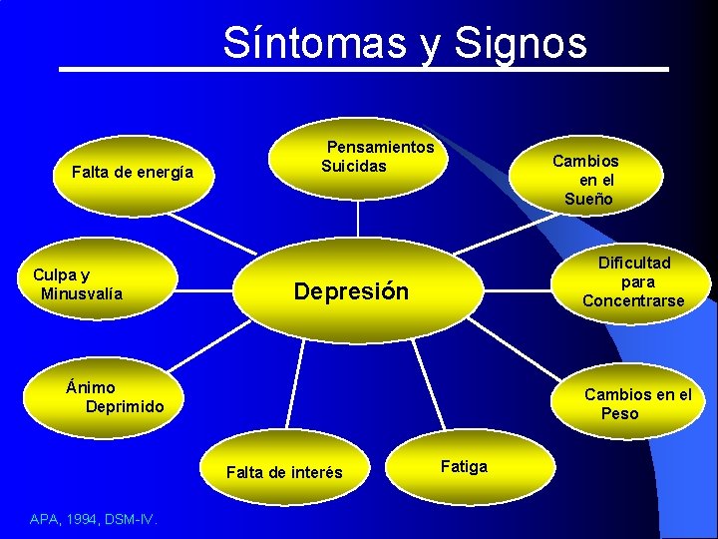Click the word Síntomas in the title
(x=316, y=43)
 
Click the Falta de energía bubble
(x=134, y=173)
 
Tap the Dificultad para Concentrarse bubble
(x=632, y=281)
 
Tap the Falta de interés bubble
(x=285, y=471)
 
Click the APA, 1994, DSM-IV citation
(x=87, y=518)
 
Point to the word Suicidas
(x=353, y=166)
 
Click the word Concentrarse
(x=633, y=300)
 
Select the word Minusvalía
(x=82, y=293)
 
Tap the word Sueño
(x=588, y=199)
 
